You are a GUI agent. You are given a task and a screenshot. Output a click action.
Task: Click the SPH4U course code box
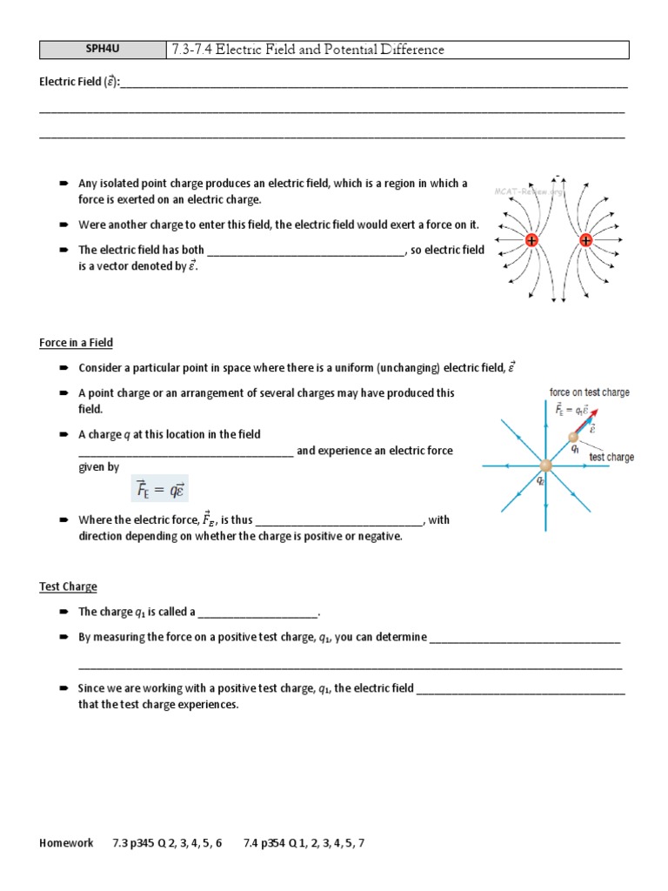pyautogui.click(x=102, y=50)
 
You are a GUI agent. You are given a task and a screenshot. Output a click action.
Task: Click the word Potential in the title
pyautogui.click(x=342, y=50)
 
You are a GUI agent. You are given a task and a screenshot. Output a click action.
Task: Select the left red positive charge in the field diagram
pyautogui.click(x=531, y=240)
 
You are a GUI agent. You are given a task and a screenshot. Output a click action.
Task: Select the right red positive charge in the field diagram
pyautogui.click(x=585, y=240)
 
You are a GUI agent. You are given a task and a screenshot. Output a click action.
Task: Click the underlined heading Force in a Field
pyautogui.click(x=76, y=343)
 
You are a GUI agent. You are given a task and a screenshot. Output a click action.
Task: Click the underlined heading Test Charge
pyautogui.click(x=68, y=586)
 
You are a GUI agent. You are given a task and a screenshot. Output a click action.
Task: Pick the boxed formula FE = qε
pyautogui.click(x=159, y=490)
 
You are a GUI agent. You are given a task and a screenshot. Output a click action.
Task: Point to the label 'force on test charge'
pyautogui.click(x=589, y=392)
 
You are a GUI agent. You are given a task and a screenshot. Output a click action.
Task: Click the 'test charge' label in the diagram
pyautogui.click(x=611, y=457)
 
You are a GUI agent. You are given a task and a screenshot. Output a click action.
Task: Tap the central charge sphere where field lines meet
pyautogui.click(x=545, y=467)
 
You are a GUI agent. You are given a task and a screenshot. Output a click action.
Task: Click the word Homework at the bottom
pyautogui.click(x=66, y=843)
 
